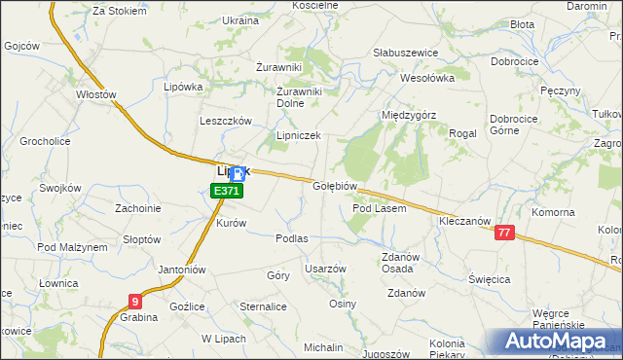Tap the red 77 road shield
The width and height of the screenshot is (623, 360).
pyautogui.click(x=503, y=232)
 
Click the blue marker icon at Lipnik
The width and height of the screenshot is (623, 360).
pyautogui.click(x=238, y=174)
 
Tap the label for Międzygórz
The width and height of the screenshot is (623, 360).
pyautogui.click(x=409, y=114)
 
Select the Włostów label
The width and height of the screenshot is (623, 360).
pyautogui.click(x=96, y=95)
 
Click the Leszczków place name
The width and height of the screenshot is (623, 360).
pyautogui.click(x=226, y=121)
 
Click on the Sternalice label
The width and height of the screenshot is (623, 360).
pyautogui.click(x=263, y=306)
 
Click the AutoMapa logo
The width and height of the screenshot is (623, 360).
pyautogui.click(x=555, y=341)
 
